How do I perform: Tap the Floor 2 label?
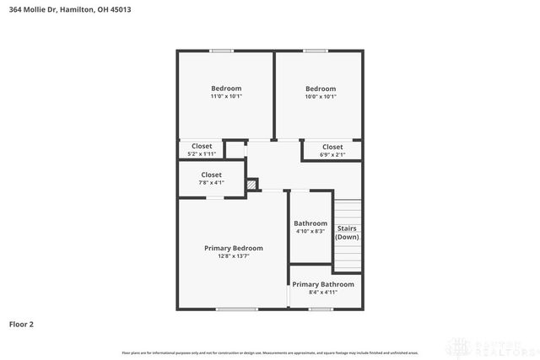point(21,323)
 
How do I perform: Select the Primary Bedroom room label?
point(234,248)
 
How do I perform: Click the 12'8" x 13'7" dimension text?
point(234,256)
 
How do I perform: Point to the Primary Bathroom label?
point(323,284)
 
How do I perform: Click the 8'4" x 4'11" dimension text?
point(323,293)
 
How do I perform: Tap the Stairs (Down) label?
point(348,233)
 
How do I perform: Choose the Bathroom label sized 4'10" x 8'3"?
point(310,223)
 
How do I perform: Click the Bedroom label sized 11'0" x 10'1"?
point(226,89)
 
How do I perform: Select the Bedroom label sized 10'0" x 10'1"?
point(321,89)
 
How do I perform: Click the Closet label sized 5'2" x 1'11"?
point(202,146)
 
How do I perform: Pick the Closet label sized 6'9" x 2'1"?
point(332,147)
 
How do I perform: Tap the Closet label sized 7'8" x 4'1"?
point(211,175)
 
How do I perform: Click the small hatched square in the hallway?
point(251,184)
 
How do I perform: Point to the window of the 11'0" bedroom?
point(222,51)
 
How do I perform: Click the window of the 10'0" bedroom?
point(316,51)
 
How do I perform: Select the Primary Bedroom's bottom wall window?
point(237,309)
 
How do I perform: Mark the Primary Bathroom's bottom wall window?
point(321,309)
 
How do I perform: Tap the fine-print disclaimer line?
point(270,352)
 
